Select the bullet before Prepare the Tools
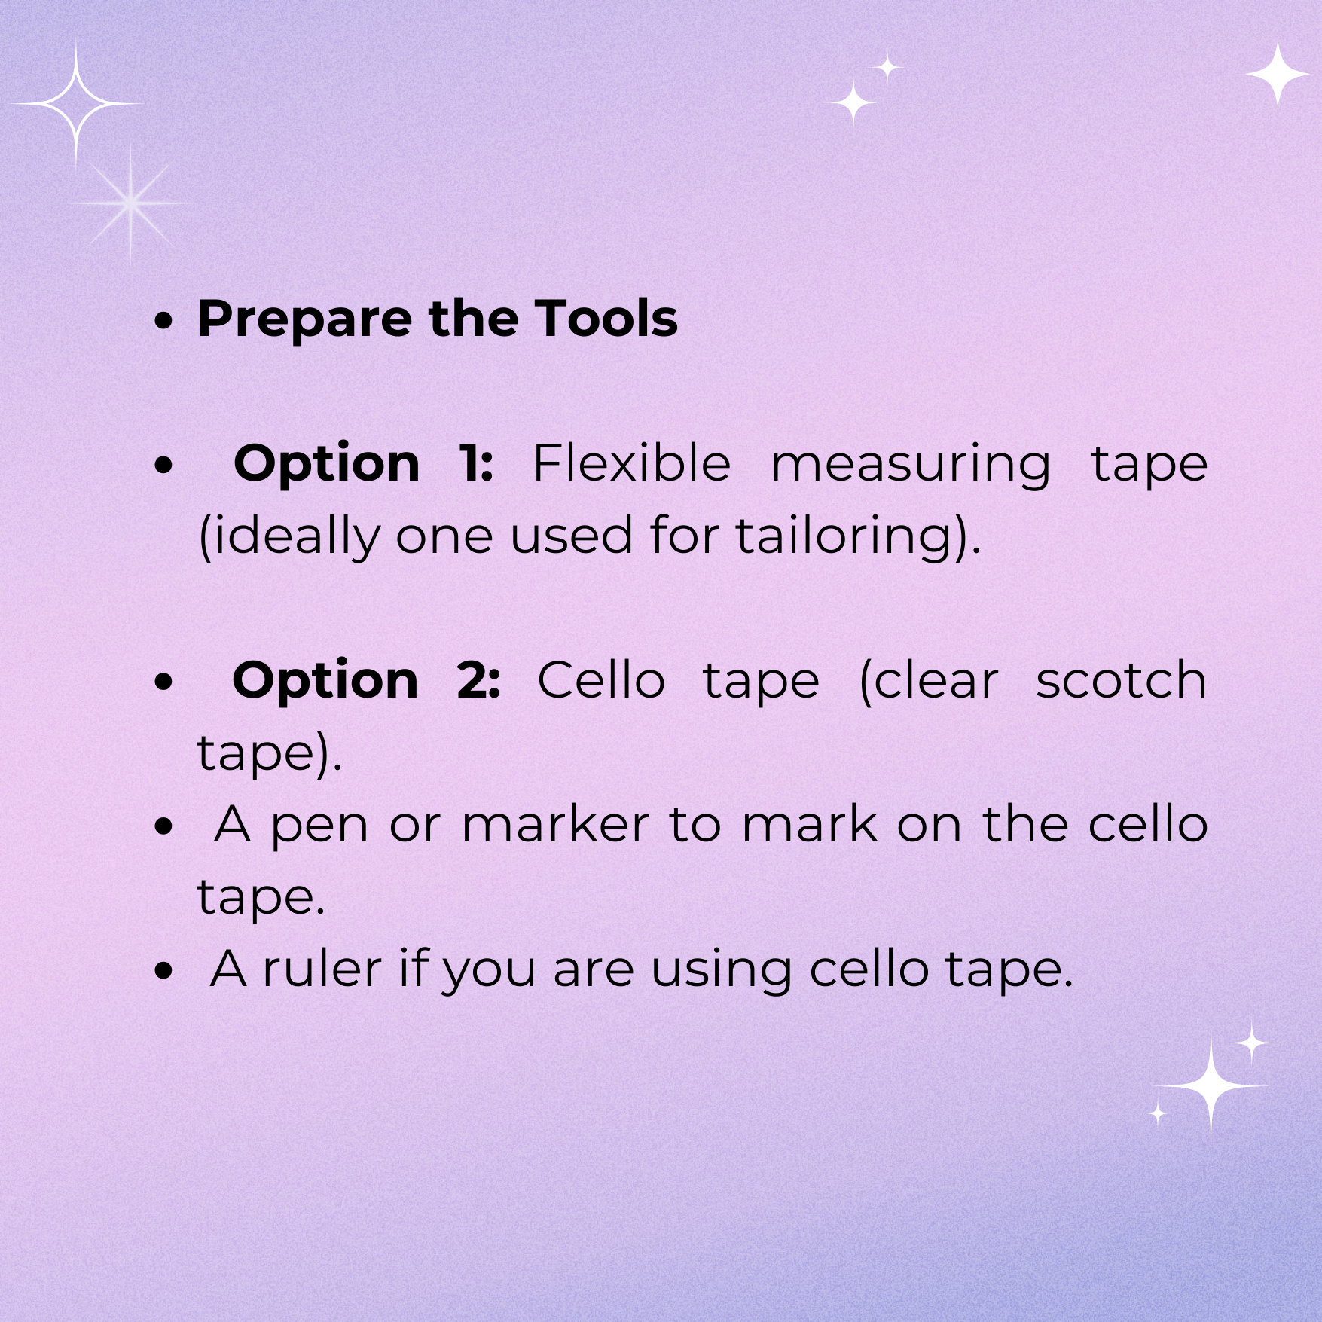(x=163, y=321)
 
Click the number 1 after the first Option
(x=475, y=463)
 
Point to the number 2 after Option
(x=478, y=680)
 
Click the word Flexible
(x=631, y=462)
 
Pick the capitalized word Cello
(x=601, y=680)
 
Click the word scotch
(x=1121, y=680)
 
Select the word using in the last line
(x=722, y=972)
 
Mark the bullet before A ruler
(x=163, y=971)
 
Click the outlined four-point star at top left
(x=76, y=102)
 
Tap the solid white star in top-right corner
(x=1277, y=74)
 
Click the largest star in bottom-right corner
(x=1211, y=1087)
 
